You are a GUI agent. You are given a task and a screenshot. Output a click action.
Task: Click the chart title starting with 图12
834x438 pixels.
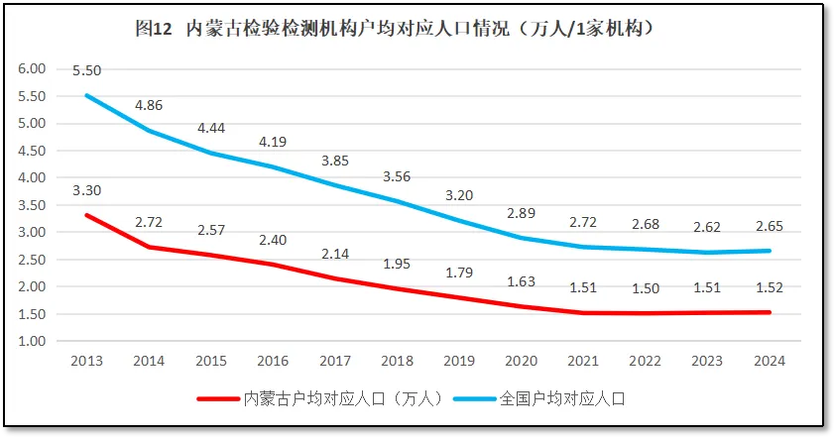(x=394, y=29)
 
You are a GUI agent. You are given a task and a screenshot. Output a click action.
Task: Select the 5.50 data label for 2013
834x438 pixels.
(x=86, y=70)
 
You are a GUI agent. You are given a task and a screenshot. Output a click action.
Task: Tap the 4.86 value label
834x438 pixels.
(x=150, y=104)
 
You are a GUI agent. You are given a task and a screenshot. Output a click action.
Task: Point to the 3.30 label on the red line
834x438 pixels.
(x=86, y=190)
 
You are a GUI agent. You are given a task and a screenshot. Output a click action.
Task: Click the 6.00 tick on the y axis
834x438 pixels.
(x=33, y=69)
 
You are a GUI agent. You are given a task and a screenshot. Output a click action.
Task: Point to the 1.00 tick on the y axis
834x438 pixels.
(x=33, y=341)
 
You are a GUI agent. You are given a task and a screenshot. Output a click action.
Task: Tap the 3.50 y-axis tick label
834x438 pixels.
(x=33, y=205)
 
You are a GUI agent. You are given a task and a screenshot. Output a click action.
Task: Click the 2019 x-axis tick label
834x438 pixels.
(x=459, y=361)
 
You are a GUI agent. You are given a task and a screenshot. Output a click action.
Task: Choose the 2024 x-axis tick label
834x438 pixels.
(x=770, y=361)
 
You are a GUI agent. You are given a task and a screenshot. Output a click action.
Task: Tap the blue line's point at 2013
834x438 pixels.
(x=86, y=95)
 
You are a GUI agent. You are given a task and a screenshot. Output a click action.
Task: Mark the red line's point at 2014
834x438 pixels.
(x=149, y=247)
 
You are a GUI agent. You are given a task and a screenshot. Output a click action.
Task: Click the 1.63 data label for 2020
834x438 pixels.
(x=521, y=281)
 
